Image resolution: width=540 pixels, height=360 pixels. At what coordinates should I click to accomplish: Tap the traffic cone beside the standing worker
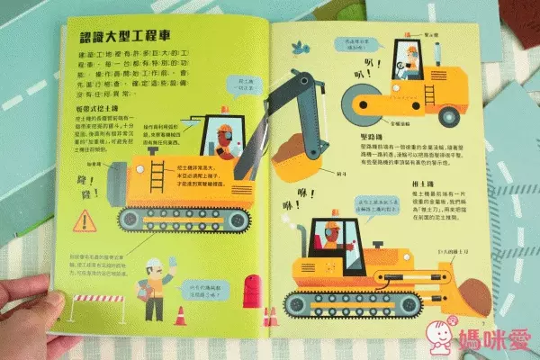pyautogui.click(x=179, y=314)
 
